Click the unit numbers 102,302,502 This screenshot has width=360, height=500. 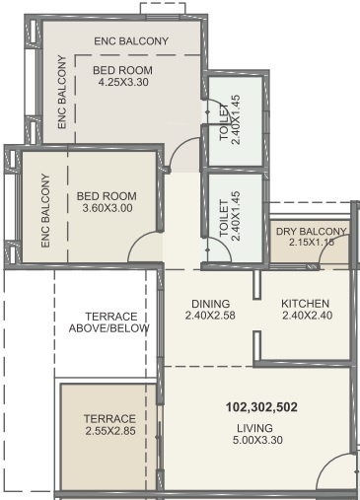[x=253, y=406]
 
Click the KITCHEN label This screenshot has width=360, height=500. [x=305, y=303]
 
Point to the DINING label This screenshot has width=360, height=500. [x=211, y=303]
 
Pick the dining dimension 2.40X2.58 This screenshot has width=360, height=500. [x=211, y=316]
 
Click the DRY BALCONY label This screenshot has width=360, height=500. [x=312, y=232]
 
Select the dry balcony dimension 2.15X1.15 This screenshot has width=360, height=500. [x=312, y=244]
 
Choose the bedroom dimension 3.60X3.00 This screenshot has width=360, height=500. [x=105, y=208]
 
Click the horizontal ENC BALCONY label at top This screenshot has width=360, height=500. [x=130, y=40]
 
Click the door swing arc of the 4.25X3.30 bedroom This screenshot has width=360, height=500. [x=179, y=150]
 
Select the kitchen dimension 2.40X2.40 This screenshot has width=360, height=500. [x=305, y=316]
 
